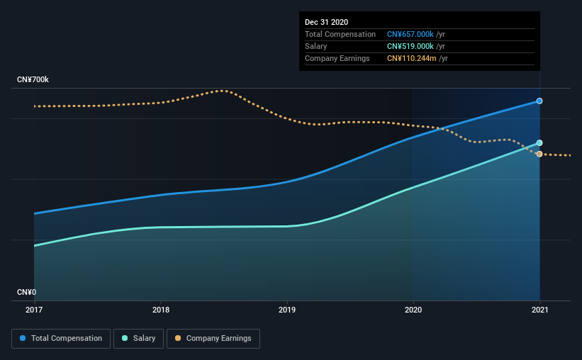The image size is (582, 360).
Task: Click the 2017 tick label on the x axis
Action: [x=34, y=310]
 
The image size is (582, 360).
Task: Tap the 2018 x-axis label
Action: [x=161, y=310]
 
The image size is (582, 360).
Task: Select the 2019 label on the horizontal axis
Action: [x=287, y=310]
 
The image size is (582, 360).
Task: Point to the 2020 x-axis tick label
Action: [x=413, y=310]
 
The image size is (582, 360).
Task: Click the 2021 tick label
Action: [x=539, y=310]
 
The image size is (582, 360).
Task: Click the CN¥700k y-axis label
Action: [x=33, y=79]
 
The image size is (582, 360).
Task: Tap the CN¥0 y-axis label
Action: [x=26, y=292]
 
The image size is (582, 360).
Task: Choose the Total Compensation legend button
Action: [x=61, y=339]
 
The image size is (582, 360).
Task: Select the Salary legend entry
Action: [x=138, y=339]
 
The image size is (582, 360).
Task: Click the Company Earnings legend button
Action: [x=213, y=339]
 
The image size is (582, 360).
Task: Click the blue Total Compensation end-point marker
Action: [x=539, y=101]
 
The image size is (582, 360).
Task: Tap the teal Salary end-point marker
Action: [x=539, y=143]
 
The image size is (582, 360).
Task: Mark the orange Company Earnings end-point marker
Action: [x=539, y=154]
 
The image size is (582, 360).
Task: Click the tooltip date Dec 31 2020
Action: [x=326, y=22]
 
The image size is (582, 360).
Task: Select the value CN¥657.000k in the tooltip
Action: [x=410, y=34]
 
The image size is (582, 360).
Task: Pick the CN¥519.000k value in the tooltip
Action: [x=410, y=46]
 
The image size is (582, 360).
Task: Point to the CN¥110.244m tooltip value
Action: [x=412, y=58]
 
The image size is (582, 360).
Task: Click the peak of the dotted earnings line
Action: [x=222, y=91]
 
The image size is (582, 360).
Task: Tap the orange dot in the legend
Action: [x=178, y=338]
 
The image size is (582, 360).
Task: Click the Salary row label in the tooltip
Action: [x=316, y=46]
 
